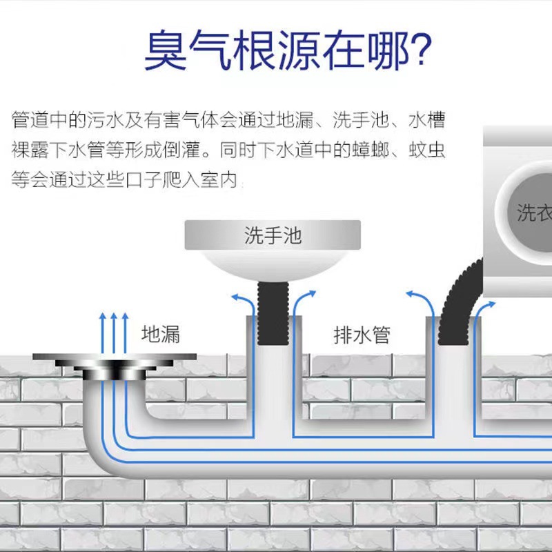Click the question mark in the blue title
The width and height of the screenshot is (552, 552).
[416, 50]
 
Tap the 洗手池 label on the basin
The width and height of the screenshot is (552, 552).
[273, 235]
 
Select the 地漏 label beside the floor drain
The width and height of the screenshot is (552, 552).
[160, 335]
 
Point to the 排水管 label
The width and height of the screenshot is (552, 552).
[362, 336]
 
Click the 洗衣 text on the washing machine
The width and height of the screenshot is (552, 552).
[535, 213]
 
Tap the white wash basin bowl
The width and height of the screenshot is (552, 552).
[273, 266]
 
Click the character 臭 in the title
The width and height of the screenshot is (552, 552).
[166, 50]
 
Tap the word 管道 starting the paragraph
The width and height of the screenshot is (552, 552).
[28, 120]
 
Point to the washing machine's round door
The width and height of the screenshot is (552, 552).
[528, 210]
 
